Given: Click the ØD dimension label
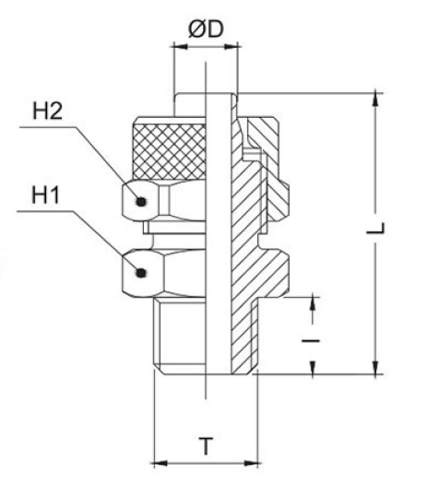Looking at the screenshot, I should tap(206, 29).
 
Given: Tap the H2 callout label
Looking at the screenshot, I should tap(47, 112).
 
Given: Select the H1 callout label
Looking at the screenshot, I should tap(47, 195).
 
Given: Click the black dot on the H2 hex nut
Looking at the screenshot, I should tap(140, 201).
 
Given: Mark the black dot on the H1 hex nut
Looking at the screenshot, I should tap(140, 271).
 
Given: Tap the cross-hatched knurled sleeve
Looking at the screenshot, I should tap(166, 148).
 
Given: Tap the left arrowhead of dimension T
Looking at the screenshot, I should tap(157, 461).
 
